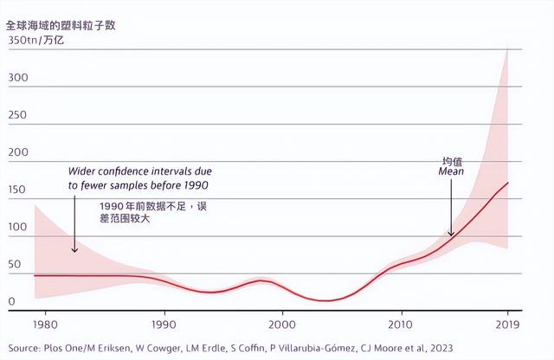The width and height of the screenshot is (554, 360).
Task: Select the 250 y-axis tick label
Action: [18, 116]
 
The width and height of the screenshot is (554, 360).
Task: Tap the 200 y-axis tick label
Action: [18, 153]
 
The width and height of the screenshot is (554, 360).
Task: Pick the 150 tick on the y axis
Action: [18, 190]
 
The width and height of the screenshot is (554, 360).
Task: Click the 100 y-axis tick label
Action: [18, 228]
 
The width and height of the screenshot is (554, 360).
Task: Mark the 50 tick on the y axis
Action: [15, 265]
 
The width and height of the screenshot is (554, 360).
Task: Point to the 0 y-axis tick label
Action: [11, 302]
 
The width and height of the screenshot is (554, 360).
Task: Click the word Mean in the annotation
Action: [451, 172]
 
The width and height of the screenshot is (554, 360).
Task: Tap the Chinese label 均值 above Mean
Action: [452, 161]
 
